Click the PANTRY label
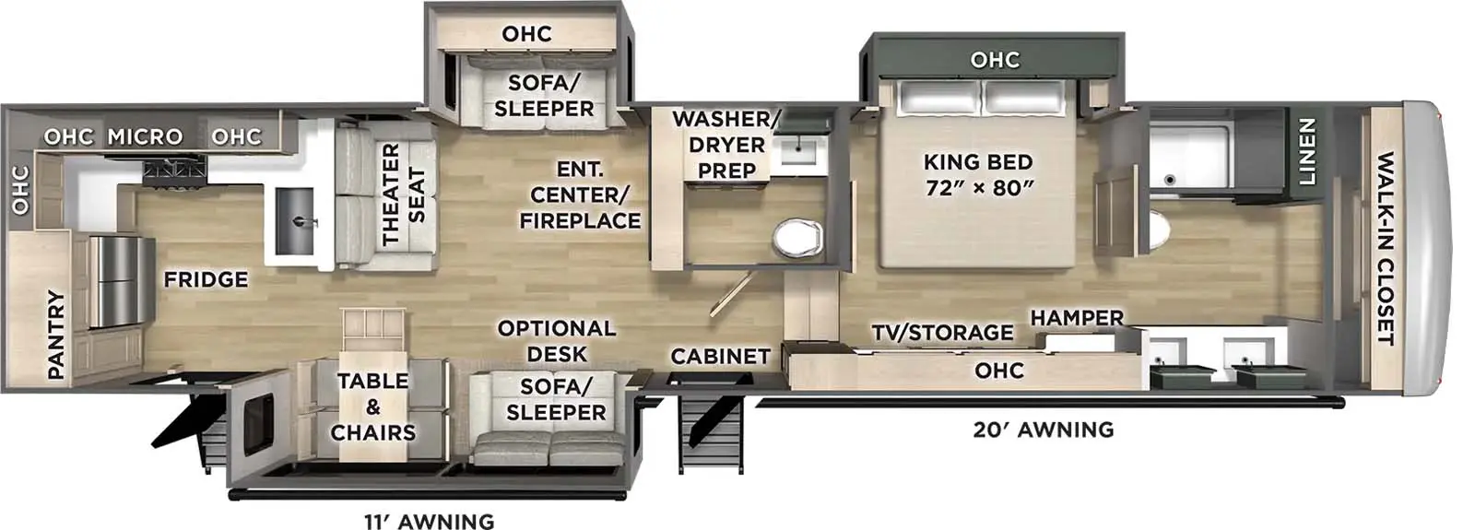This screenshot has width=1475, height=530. (56, 334)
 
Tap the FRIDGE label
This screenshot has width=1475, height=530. (206, 279)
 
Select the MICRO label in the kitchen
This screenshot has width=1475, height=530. (145, 137)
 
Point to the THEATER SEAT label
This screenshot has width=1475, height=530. (403, 194)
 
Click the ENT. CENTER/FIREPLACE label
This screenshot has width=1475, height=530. (580, 195)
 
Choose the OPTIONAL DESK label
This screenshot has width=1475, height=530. (556, 341)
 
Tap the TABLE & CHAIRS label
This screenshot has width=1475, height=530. (373, 406)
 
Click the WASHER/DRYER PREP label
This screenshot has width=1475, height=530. (726, 145)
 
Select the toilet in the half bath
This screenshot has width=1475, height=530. (796, 239)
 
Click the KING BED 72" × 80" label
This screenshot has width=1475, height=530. (977, 175)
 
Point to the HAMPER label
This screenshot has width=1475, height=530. (1076, 318)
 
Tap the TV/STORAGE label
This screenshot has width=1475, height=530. (942, 333)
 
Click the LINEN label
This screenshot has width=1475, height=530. (1306, 152)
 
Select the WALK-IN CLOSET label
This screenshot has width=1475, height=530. (1385, 249)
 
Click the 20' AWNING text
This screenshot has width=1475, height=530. (1043, 430)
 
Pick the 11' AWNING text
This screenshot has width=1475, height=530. (429, 521)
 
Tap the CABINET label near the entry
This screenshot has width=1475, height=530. (720, 357)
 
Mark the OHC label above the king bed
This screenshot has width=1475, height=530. (995, 61)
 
